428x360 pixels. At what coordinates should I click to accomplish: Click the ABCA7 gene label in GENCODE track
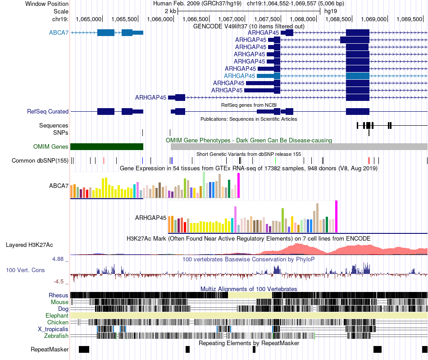click(59, 32)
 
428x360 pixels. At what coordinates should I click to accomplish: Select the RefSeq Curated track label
click(47, 111)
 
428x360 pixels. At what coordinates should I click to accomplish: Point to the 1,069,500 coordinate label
click(409, 19)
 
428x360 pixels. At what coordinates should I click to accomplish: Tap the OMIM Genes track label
click(50, 146)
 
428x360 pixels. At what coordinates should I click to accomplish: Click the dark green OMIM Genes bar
click(107, 146)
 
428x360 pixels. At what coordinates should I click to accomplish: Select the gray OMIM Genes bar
click(299, 146)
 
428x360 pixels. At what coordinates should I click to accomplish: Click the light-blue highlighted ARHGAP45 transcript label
click(239, 76)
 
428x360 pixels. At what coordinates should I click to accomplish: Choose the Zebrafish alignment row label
click(56, 336)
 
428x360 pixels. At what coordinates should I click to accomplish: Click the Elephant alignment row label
click(57, 315)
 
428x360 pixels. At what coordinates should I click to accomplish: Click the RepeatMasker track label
click(50, 349)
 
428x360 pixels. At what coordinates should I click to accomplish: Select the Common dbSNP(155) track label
click(40, 160)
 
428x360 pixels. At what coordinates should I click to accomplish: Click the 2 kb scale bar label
click(171, 11)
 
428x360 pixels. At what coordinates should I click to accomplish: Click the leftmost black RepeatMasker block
click(84, 349)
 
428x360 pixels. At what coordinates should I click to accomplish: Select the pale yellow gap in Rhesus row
click(250, 295)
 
